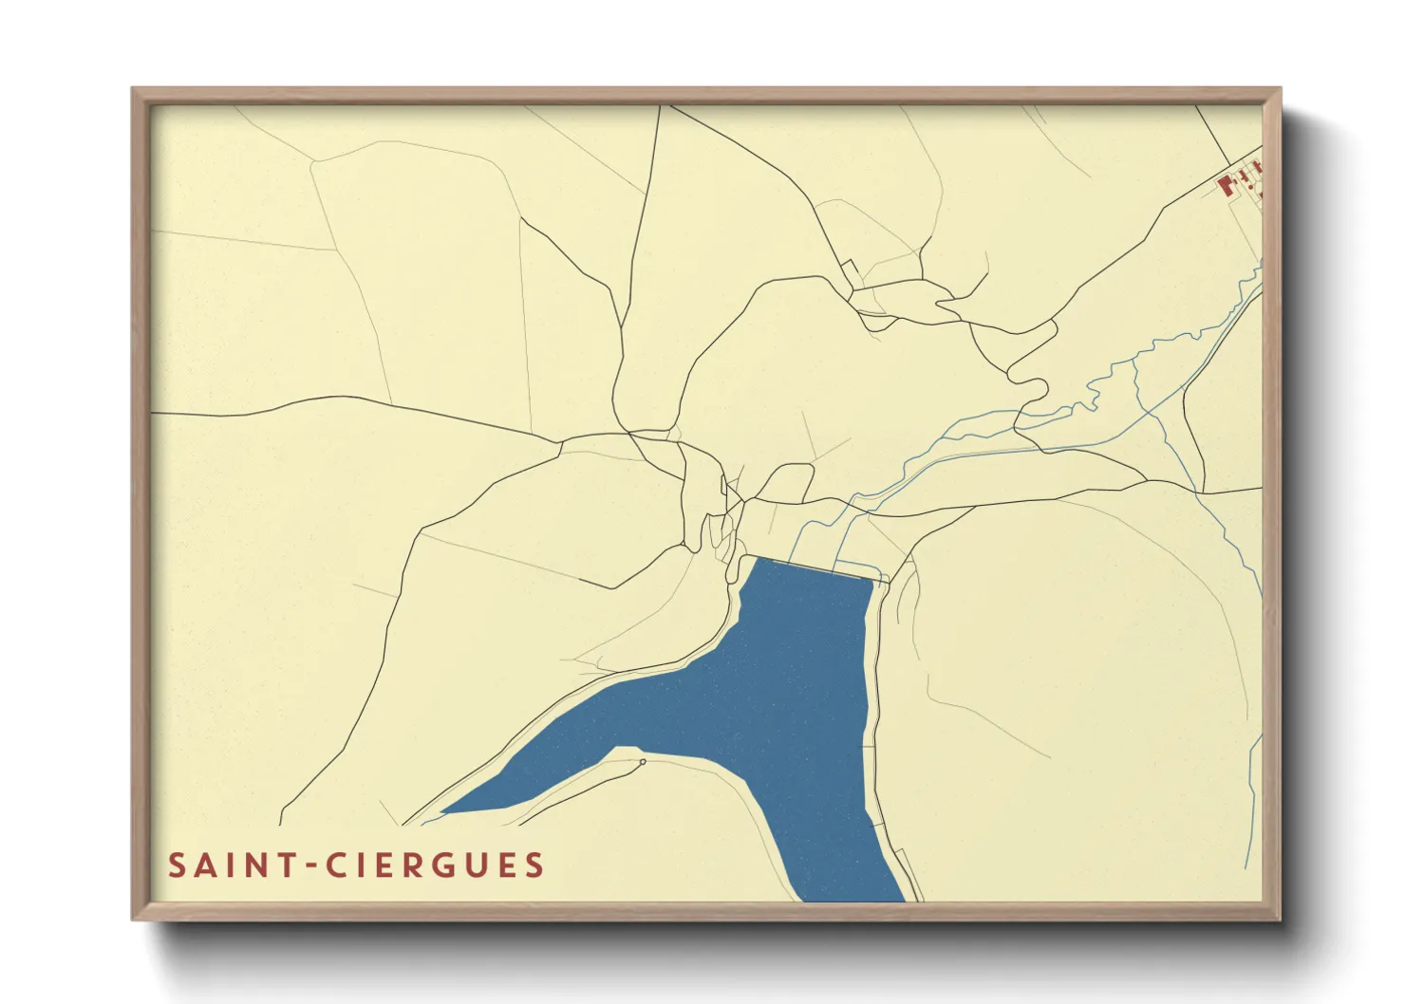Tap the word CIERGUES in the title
tap(436, 865)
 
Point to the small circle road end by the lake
tap(643, 761)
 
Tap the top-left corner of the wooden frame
tap(134, 90)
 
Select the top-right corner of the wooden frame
tap(1280, 90)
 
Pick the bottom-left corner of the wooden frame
tap(134, 918)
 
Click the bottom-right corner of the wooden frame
tap(1280, 918)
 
